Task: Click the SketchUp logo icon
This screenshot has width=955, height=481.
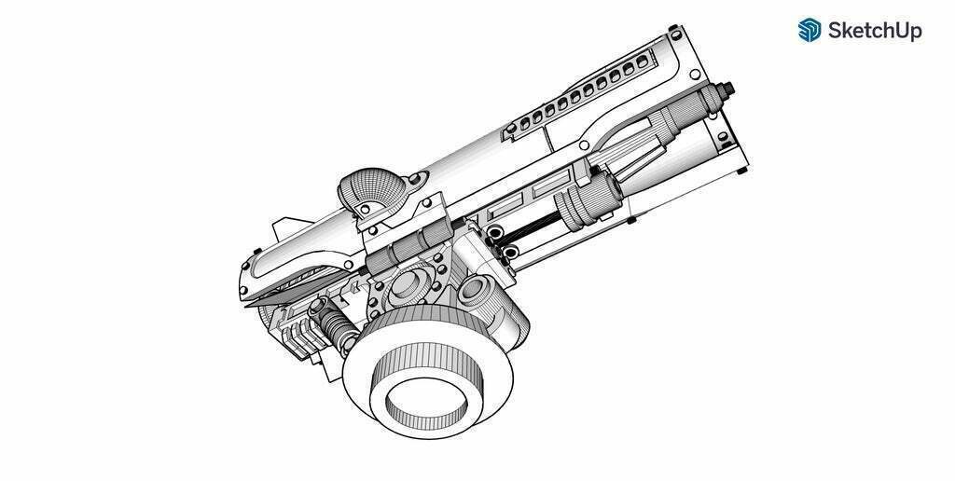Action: (x=810, y=30)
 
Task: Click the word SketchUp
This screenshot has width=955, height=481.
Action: (x=875, y=31)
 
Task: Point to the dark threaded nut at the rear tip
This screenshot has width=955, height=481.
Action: (x=726, y=89)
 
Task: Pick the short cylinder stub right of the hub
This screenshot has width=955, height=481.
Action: (x=475, y=291)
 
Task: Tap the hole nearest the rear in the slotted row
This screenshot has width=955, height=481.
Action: (x=642, y=62)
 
